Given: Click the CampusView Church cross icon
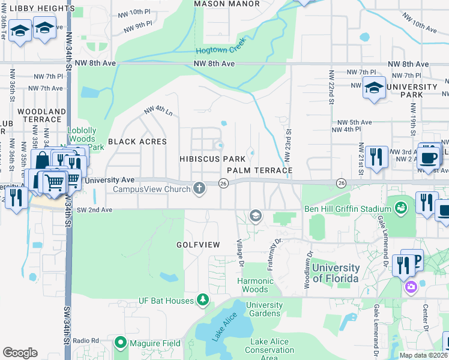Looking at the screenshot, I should (x=200, y=189).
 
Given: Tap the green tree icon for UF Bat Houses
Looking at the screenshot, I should (x=203, y=300).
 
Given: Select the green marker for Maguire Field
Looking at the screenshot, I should (x=120, y=343).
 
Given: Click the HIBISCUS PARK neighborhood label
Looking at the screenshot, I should (x=212, y=159).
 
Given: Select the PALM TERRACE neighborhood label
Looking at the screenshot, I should (x=259, y=171).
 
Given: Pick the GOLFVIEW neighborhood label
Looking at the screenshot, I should (x=198, y=245).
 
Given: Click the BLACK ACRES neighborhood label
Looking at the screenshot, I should (x=137, y=142).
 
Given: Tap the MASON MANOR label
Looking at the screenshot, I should (x=227, y=4).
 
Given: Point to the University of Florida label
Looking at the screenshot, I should (x=336, y=273).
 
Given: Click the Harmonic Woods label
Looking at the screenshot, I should (x=256, y=285).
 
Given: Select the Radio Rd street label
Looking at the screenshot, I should (x=86, y=341).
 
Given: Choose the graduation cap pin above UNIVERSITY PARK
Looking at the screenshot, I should (x=374, y=88).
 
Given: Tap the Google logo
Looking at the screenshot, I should (x=20, y=353).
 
